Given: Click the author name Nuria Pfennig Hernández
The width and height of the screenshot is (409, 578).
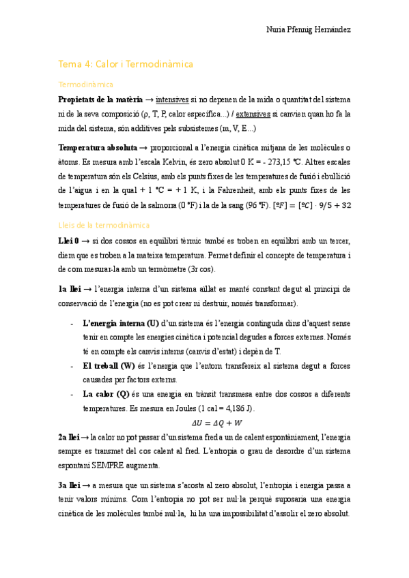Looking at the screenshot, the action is click(x=308, y=31).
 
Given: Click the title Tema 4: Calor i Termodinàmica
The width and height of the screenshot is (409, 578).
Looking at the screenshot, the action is click(x=126, y=64).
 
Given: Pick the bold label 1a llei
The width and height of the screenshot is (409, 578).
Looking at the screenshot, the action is click(x=70, y=288).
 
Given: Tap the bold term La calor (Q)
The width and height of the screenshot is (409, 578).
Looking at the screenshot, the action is click(x=106, y=394).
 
